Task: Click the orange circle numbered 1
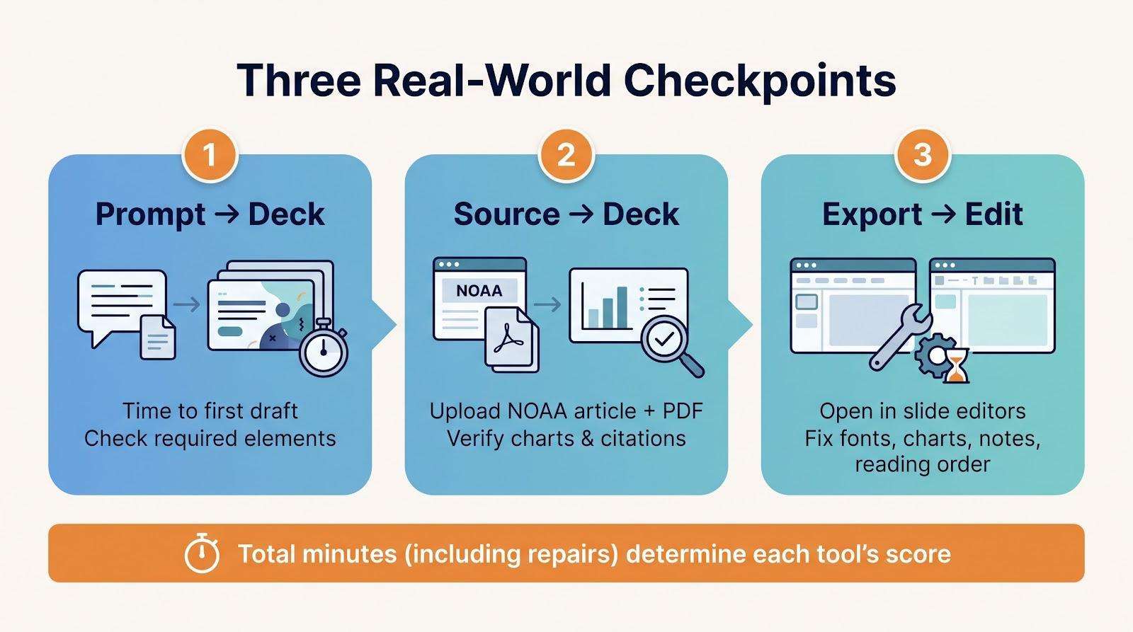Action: tap(210, 155)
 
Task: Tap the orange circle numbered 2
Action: tap(566, 155)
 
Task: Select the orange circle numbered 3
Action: tap(923, 155)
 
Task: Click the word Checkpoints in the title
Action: tap(759, 81)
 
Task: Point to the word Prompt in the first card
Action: tap(150, 215)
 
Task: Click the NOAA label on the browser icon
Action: tap(479, 291)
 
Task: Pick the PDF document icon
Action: tap(511, 339)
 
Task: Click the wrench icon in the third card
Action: tap(900, 337)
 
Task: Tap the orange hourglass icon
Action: tap(957, 365)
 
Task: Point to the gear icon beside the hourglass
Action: tap(934, 356)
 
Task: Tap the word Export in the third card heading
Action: tap(872, 215)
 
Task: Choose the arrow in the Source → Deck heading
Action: tap(581, 214)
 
